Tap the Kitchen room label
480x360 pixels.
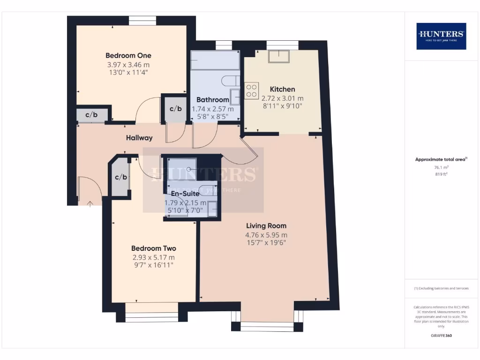point(282,89)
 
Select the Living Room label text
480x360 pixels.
point(266,225)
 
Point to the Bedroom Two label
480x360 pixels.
point(153,248)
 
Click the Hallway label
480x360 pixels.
point(139,138)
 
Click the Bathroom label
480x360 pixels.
point(212,99)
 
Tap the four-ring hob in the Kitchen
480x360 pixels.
point(252,90)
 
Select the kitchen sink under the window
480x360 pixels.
point(278,56)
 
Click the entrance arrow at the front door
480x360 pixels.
point(90,203)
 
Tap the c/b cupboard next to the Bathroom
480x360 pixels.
point(175,109)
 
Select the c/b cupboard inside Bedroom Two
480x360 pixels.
point(121,177)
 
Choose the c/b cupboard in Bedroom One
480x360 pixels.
point(91,115)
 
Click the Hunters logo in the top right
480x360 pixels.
point(441,36)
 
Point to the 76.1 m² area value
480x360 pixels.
point(441,167)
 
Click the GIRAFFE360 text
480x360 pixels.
point(441,336)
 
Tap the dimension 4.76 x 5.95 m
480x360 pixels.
point(266,235)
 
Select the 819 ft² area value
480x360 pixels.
point(441,174)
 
